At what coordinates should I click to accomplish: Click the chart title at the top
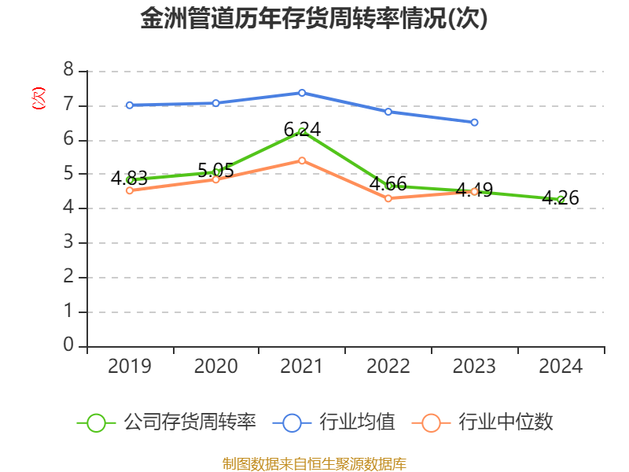coord(314,19)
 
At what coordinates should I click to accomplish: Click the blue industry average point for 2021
coord(302,93)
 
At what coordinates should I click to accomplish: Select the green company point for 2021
coord(302,131)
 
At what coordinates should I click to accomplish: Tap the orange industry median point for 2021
coord(302,160)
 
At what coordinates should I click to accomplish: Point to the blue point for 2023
coord(474,122)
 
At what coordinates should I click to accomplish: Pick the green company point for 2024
coord(561,199)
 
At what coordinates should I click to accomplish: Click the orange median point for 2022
coord(388,198)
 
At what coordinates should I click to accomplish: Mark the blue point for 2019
coord(130,105)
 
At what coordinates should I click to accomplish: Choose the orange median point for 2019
coord(130,190)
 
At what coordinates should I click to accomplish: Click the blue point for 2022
coord(388,112)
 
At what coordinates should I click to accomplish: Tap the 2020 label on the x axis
coord(215,367)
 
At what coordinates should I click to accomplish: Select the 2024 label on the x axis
coord(561,367)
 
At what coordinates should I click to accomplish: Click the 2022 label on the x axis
coord(388,367)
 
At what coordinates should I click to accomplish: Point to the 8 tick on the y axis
coord(68,71)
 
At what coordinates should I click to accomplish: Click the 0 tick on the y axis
coord(68,345)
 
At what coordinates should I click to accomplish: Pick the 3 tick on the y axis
coord(68,242)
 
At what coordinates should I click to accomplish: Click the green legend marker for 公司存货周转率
coord(96,422)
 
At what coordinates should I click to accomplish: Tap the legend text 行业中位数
coord(506,422)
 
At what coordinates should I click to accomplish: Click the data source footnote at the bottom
coord(314,463)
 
